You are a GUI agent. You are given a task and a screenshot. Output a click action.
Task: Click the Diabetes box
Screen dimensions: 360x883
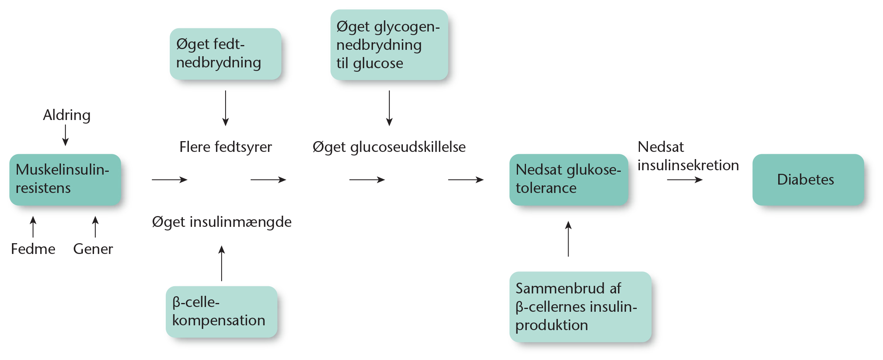808,180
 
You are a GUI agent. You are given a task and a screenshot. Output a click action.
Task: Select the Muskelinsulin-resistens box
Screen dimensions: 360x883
65,179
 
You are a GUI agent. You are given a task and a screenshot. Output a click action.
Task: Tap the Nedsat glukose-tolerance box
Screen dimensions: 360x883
568,179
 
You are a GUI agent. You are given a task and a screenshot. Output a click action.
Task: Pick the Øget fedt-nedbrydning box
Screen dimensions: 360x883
225,53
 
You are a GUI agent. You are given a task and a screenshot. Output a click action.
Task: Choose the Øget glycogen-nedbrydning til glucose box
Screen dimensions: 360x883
389,45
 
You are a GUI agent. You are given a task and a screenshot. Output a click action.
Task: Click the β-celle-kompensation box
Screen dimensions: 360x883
221,311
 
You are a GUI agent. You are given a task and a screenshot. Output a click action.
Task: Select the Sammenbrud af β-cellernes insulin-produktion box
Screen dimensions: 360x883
580,307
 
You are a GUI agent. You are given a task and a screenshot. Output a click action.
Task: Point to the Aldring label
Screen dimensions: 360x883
67,115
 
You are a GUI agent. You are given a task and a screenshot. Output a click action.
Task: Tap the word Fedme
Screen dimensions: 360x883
33,249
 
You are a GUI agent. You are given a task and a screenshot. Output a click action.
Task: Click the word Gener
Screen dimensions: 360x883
93,249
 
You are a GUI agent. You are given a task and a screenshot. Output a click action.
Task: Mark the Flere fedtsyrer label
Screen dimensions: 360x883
226,147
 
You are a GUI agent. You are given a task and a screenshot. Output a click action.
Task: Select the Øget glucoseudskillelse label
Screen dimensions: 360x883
389,147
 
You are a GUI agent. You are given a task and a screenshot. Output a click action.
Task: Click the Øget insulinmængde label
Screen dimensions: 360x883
222,222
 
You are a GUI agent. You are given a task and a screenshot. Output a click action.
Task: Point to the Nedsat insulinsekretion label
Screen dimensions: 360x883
688,156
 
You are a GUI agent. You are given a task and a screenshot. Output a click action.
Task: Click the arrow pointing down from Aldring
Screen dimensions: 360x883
65,135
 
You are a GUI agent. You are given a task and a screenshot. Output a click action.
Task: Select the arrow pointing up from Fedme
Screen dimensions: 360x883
33,226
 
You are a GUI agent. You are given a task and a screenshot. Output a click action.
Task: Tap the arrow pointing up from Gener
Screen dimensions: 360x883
95,226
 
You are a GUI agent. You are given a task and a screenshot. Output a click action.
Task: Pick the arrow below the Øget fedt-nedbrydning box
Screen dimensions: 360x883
226,108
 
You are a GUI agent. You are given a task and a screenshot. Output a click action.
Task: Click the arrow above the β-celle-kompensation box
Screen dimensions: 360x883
222,263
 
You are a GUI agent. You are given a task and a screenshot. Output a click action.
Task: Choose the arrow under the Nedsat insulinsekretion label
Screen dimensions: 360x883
685,180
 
